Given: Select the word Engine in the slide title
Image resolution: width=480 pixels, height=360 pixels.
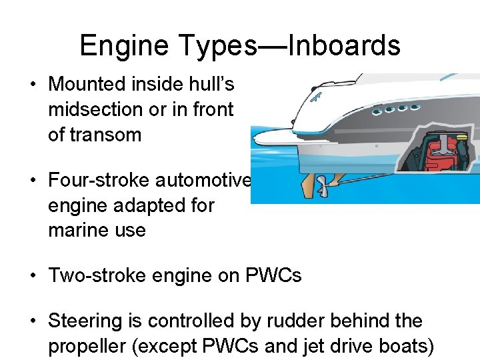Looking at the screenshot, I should pos(123,46).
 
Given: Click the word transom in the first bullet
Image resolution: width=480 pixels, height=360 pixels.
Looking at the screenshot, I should pos(109,135).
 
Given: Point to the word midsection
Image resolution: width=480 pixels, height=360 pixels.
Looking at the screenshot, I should pos(95,109).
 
